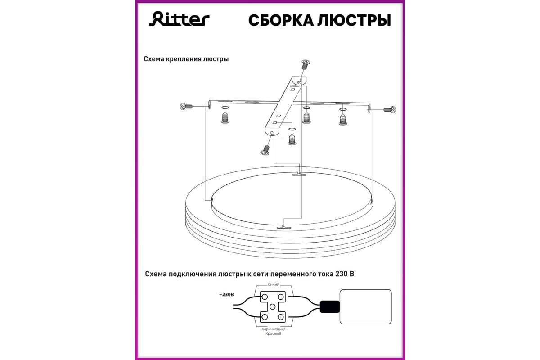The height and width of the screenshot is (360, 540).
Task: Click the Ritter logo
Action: [179, 18]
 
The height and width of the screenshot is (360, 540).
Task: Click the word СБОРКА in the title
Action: [281, 20]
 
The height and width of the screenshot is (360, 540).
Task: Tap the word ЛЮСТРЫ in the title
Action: [354, 20]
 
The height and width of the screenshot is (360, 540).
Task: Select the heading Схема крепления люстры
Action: [186, 59]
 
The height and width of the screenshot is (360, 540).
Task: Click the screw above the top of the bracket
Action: [306, 64]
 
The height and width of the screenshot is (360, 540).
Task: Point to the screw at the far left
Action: [186, 106]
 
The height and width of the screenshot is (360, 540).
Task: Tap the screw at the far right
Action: [390, 110]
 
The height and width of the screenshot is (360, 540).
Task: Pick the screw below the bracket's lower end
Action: [265, 150]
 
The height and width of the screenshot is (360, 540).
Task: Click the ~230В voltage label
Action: [226, 294]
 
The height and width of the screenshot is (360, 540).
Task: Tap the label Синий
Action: [274, 284]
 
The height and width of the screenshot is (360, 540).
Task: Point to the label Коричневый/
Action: [274, 329]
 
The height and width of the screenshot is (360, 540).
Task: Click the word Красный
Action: [274, 333]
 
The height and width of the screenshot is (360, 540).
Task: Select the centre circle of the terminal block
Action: [272, 306]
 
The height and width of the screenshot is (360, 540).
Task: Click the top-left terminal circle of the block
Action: [265, 297]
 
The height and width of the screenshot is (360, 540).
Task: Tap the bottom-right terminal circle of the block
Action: [281, 317]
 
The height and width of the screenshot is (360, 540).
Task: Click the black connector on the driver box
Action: [330, 306]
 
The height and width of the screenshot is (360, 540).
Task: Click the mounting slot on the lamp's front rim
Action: [284, 227]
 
